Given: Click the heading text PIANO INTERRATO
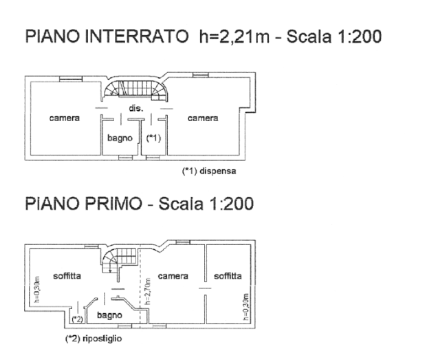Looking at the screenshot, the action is point(107,36).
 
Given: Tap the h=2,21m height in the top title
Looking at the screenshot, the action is point(235,36).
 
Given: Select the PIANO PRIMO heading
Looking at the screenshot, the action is point(83,204).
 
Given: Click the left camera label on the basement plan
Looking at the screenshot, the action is point(65,118).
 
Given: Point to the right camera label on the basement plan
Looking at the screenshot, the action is point(203,118).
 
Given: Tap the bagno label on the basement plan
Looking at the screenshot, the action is point(120,138).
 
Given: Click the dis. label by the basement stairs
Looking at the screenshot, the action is point(135,108).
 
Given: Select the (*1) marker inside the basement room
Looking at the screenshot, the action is point(153,138).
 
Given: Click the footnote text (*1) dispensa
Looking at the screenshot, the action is point(209,171).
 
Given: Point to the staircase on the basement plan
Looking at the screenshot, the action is point(135,89).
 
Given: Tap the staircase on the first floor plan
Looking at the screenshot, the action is point(119,261).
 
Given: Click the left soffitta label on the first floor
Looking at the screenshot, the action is point(67,276).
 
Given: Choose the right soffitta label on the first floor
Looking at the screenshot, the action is point(228,276).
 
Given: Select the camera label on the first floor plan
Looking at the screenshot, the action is point(173,276).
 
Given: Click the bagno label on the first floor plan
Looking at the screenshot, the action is point(109,315).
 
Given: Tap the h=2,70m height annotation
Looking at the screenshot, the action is point(148,291).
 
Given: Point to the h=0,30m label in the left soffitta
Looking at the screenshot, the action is point(37,290).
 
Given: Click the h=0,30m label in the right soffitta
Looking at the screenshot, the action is point(246,306).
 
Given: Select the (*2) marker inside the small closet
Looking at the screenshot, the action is point(78,319).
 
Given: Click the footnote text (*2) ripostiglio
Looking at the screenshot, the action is point(94,339).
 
